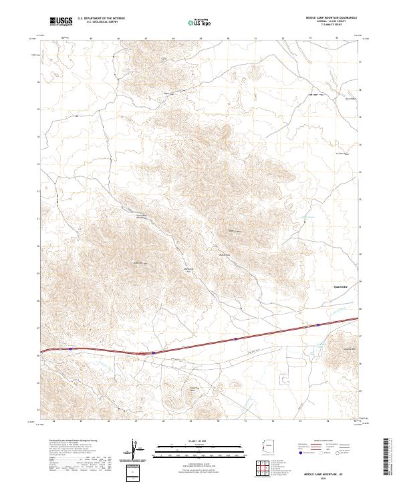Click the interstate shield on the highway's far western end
(x=70, y=348)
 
